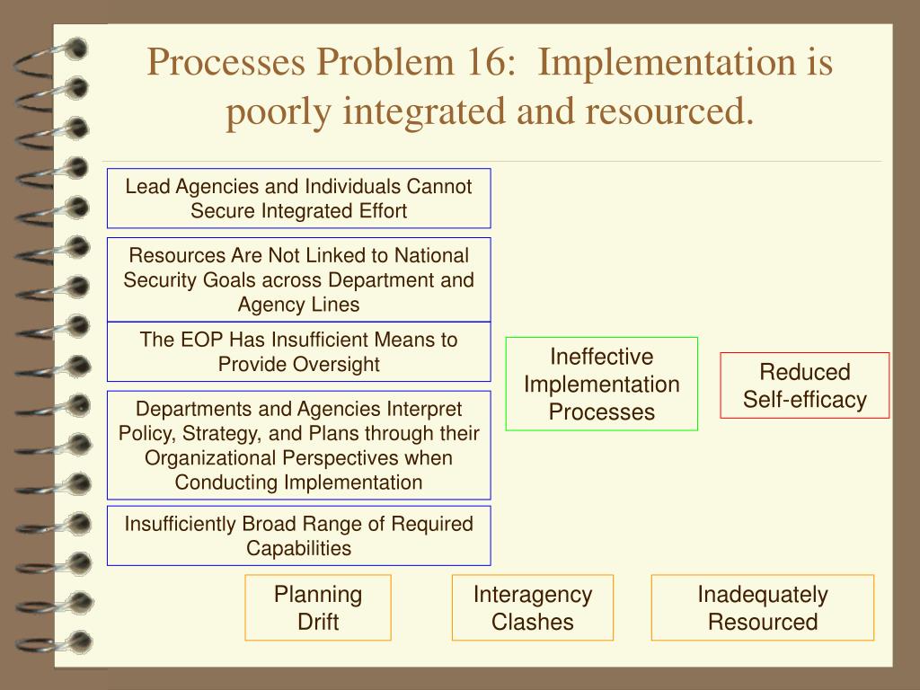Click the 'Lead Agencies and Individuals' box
(x=298, y=199)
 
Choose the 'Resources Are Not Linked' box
(x=298, y=279)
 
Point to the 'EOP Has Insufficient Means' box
(x=298, y=351)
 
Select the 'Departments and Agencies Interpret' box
(x=298, y=446)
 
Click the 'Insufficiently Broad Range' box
(x=298, y=535)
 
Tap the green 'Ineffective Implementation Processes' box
(x=601, y=384)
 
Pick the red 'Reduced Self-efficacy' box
(x=804, y=385)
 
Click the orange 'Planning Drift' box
(x=318, y=607)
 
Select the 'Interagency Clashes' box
(x=533, y=607)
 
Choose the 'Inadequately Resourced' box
(x=762, y=607)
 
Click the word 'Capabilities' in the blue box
(x=299, y=547)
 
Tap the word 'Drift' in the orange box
(x=318, y=621)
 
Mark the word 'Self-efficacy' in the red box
(x=804, y=400)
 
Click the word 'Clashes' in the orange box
(x=533, y=621)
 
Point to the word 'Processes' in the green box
(x=601, y=412)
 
